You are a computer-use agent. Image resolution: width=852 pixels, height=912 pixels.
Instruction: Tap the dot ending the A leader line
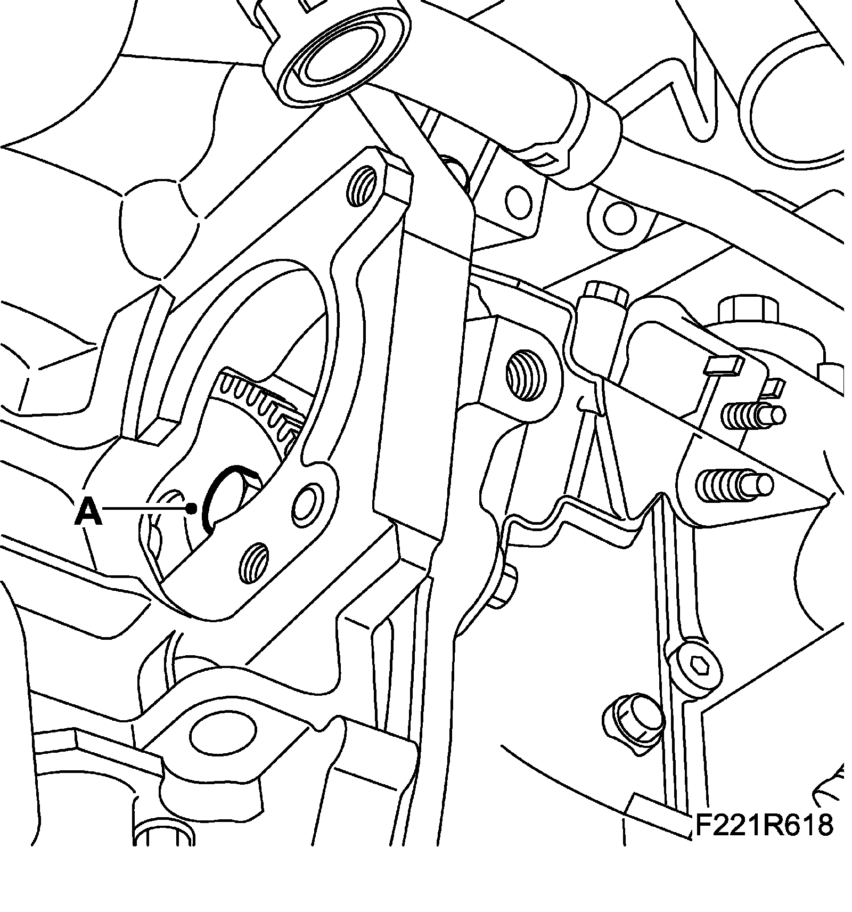[x=192, y=509]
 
